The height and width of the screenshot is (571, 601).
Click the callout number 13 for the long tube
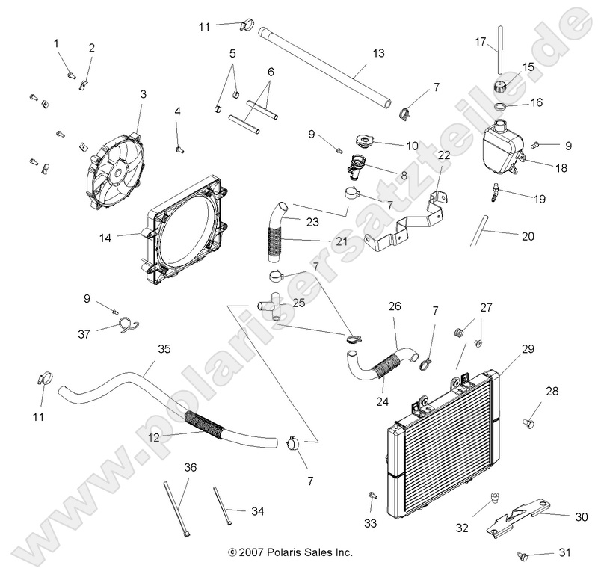coord(378,53)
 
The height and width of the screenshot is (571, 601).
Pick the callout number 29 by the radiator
coord(528,329)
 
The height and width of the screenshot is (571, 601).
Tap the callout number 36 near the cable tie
coord(191,467)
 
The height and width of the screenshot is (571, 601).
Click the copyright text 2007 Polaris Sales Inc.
coord(290,552)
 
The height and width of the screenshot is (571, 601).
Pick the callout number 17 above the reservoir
coord(481,43)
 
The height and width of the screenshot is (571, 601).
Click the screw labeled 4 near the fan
coord(179,148)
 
